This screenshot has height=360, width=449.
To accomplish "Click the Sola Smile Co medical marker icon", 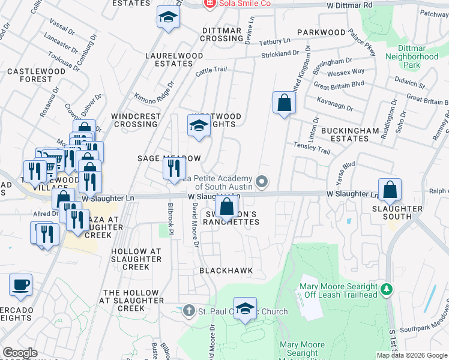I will [x=209, y=4].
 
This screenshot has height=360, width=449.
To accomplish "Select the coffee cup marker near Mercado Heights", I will [x=21, y=286].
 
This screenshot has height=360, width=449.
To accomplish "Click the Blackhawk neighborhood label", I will [x=226, y=271].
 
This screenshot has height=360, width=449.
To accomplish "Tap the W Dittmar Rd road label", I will [x=349, y=5].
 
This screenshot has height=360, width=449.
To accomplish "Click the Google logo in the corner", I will [x=20, y=353].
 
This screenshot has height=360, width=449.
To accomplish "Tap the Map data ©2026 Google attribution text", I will [x=412, y=355].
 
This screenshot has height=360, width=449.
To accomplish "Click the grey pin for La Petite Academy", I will [x=261, y=181].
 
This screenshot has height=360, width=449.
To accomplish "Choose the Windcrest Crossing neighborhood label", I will [x=136, y=120].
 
